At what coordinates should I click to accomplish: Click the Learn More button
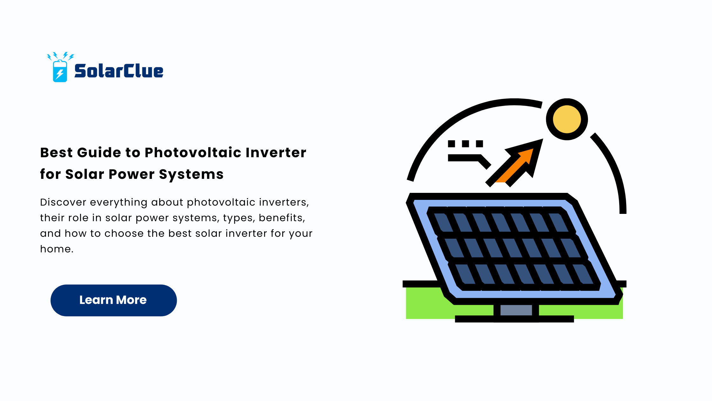[x=113, y=300]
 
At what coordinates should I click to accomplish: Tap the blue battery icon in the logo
[x=60, y=71]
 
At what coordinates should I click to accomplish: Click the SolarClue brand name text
[x=119, y=71]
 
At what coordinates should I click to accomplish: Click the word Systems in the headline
[x=191, y=174]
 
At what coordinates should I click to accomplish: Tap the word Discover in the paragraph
[x=63, y=202]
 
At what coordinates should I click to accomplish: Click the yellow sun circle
[x=567, y=119]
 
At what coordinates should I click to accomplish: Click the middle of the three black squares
[x=465, y=144]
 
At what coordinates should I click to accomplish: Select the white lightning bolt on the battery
[x=59, y=74]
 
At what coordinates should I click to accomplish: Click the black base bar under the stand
[x=514, y=319]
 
